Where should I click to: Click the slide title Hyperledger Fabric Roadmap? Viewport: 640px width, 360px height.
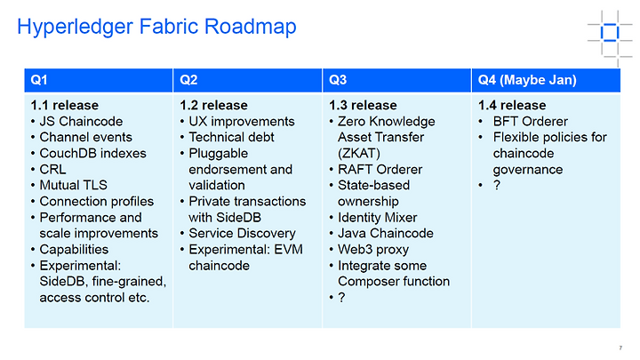tap(156, 27)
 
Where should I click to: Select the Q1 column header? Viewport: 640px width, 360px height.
tap(39, 80)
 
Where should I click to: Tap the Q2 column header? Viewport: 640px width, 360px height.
tap(188, 80)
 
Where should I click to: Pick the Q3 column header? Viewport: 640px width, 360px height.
tap(338, 80)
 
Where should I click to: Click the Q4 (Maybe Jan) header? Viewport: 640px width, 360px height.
tap(527, 80)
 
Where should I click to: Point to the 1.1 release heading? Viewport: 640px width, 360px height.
tap(65, 105)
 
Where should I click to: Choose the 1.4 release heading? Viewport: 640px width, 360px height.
tap(512, 105)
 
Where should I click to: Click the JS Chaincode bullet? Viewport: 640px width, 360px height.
tap(81, 122)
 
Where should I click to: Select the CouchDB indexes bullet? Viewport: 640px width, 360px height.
tap(92, 154)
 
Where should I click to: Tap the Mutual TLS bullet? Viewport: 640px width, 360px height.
tap(73, 185)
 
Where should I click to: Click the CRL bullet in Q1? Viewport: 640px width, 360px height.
tap(52, 170)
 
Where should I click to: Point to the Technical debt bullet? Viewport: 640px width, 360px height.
tap(231, 137)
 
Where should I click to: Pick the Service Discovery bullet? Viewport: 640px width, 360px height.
tap(242, 234)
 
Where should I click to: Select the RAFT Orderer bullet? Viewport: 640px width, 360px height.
tap(380, 170)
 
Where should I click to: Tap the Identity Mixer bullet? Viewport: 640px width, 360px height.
tap(378, 218)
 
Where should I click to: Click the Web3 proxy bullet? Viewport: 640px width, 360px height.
tap(373, 250)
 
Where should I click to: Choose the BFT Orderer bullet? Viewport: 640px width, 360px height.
tap(530, 122)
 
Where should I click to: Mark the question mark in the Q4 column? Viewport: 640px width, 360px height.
tap(497, 185)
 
